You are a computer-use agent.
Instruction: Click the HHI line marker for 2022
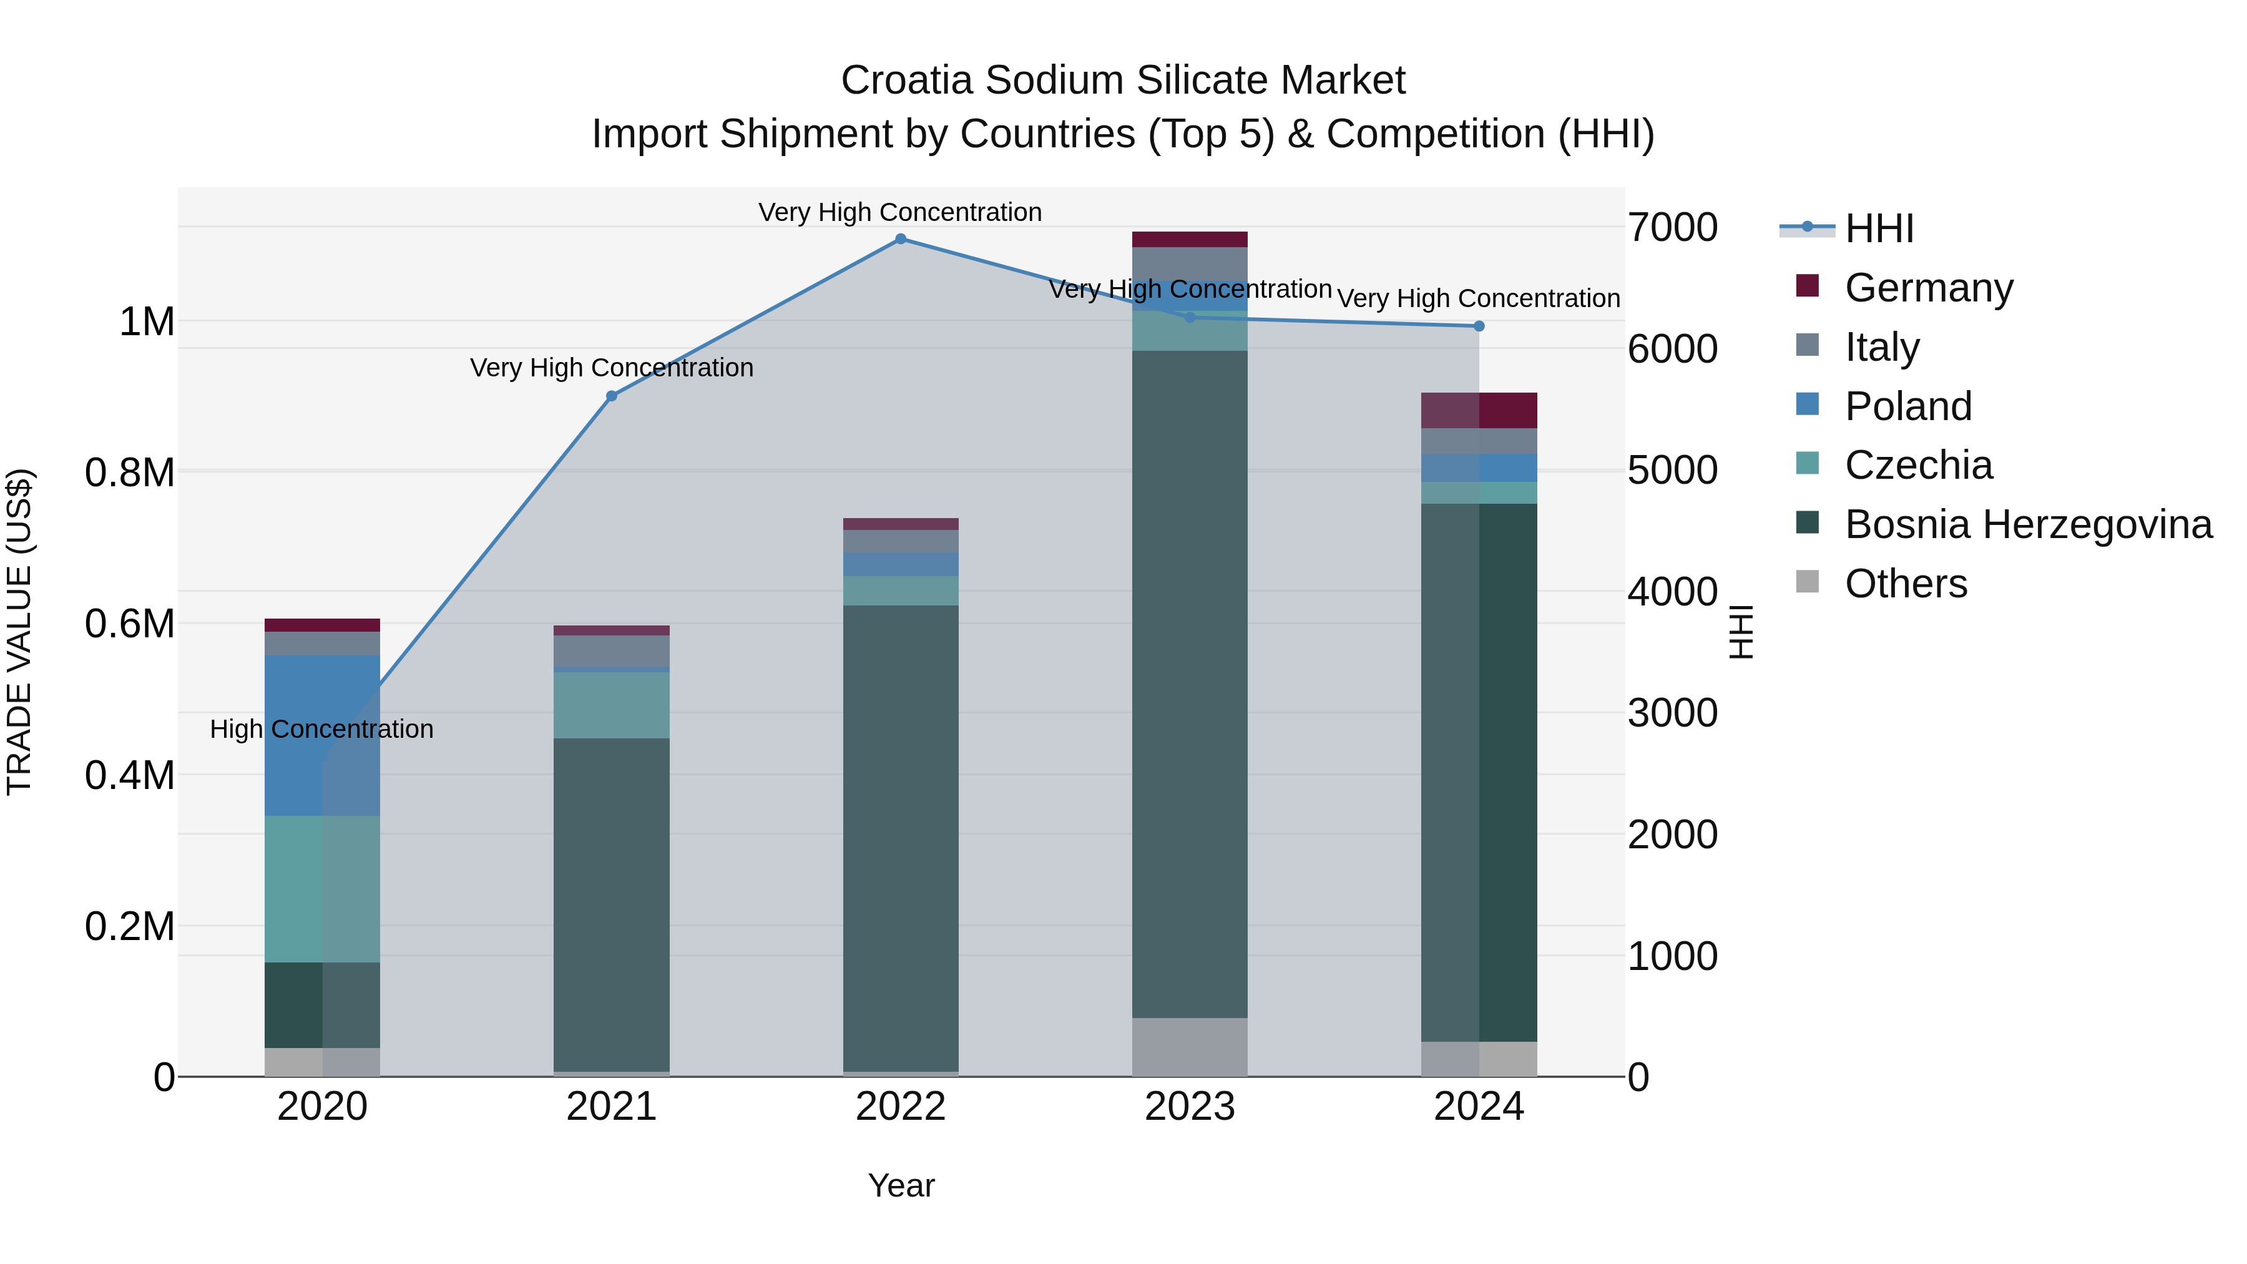(900, 239)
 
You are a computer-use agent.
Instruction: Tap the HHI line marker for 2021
(612, 396)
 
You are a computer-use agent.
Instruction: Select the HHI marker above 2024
(1479, 326)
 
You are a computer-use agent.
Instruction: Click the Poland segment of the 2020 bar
(322, 735)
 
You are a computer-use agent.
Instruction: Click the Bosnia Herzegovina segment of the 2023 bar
(1190, 684)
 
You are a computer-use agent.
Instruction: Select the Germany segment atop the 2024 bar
(1479, 410)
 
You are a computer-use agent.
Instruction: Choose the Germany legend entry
(1928, 287)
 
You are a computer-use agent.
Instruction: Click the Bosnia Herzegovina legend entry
(2027, 524)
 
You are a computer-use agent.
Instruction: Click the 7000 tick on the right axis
(1672, 228)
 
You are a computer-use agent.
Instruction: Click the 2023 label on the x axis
(1190, 1107)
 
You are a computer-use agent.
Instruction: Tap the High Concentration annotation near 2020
(322, 729)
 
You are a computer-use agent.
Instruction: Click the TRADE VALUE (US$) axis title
(19, 632)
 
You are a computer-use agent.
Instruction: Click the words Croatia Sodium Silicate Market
(1123, 81)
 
